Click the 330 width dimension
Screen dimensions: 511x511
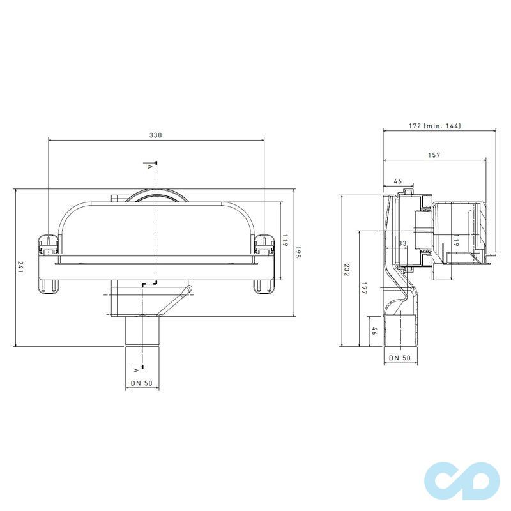point(156,135)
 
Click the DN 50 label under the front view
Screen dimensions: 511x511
point(142,383)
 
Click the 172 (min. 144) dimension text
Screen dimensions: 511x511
point(435,126)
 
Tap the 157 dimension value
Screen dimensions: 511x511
point(434,155)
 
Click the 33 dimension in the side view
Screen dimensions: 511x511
point(402,243)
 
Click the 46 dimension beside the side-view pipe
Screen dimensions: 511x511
point(375,332)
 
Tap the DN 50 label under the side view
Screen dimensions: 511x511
point(400,358)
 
